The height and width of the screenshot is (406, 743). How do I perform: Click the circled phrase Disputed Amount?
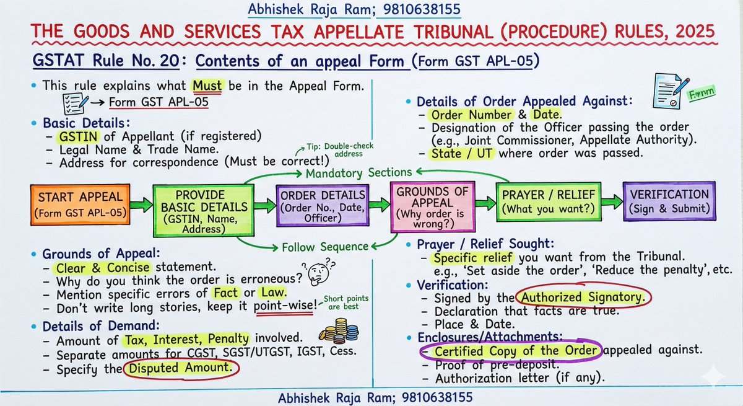[x=181, y=368]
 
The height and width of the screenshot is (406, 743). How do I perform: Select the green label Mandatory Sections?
[x=350, y=173]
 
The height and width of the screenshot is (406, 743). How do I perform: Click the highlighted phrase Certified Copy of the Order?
[x=518, y=351]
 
